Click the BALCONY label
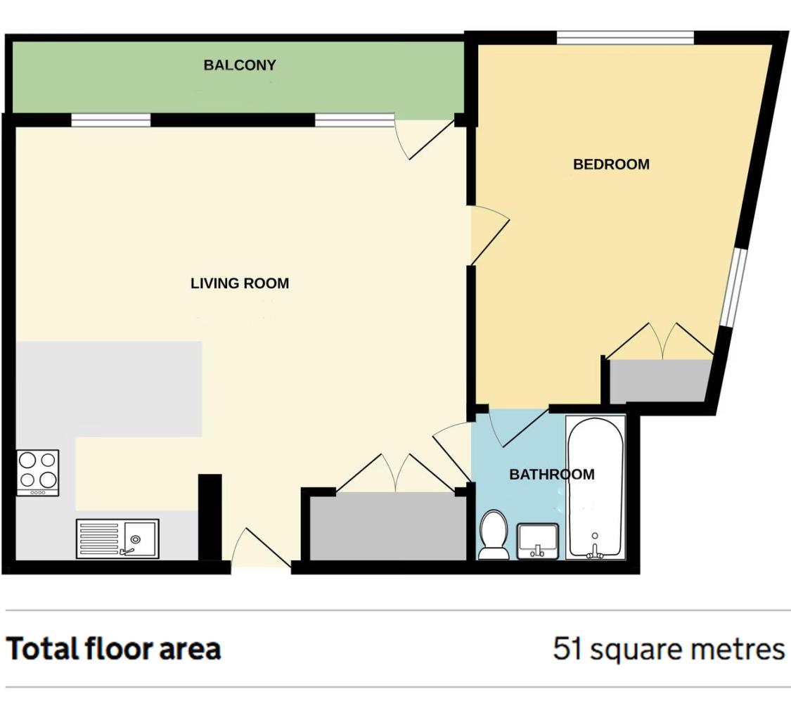click(240, 65)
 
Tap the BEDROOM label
click(611, 165)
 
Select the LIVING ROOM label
click(240, 283)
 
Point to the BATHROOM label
click(551, 474)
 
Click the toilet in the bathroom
click(494, 535)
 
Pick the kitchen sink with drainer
click(117, 539)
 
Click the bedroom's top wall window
click(625, 38)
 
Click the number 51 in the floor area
click(568, 648)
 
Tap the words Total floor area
click(113, 648)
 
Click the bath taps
click(595, 553)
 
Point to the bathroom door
click(517, 427)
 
